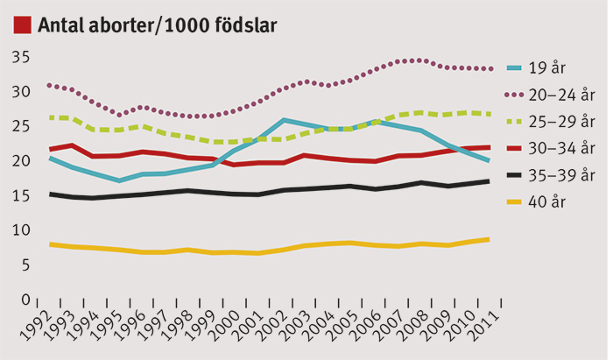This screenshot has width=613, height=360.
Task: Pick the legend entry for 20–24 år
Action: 560,94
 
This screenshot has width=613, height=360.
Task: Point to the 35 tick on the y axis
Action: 21,57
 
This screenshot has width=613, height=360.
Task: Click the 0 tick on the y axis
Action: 25,299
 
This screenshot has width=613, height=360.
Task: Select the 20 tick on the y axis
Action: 21,160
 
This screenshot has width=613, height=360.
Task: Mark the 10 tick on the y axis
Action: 21,229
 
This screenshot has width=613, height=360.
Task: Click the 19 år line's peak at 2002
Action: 285,120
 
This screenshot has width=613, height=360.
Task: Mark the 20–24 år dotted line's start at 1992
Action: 51,85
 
